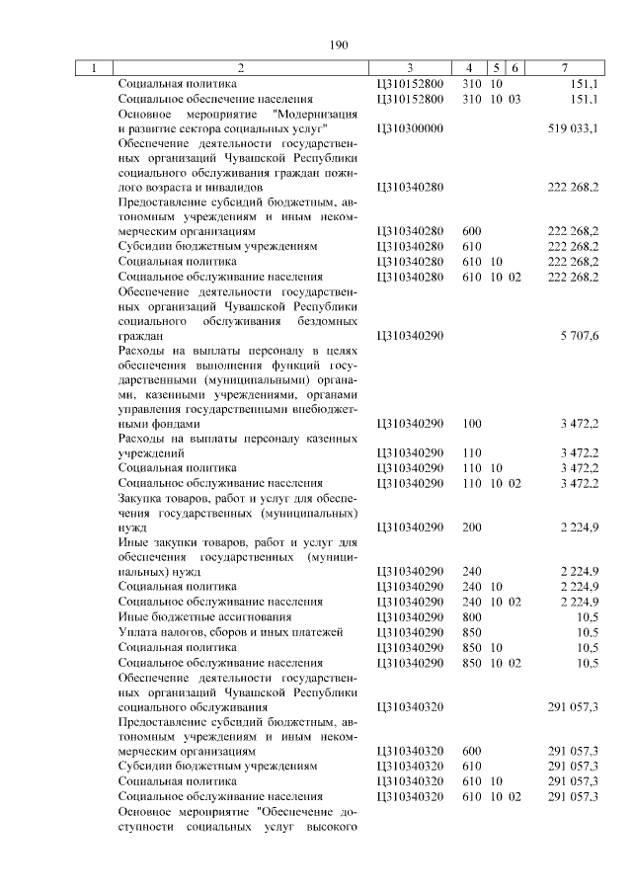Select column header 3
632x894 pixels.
[409, 69]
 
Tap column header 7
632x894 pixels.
[563, 69]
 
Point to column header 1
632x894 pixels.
[93, 69]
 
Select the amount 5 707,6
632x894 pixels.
[580, 336]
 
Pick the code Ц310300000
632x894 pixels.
[409, 128]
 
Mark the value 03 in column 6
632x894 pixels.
[514, 99]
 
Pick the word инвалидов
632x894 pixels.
[235, 187]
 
